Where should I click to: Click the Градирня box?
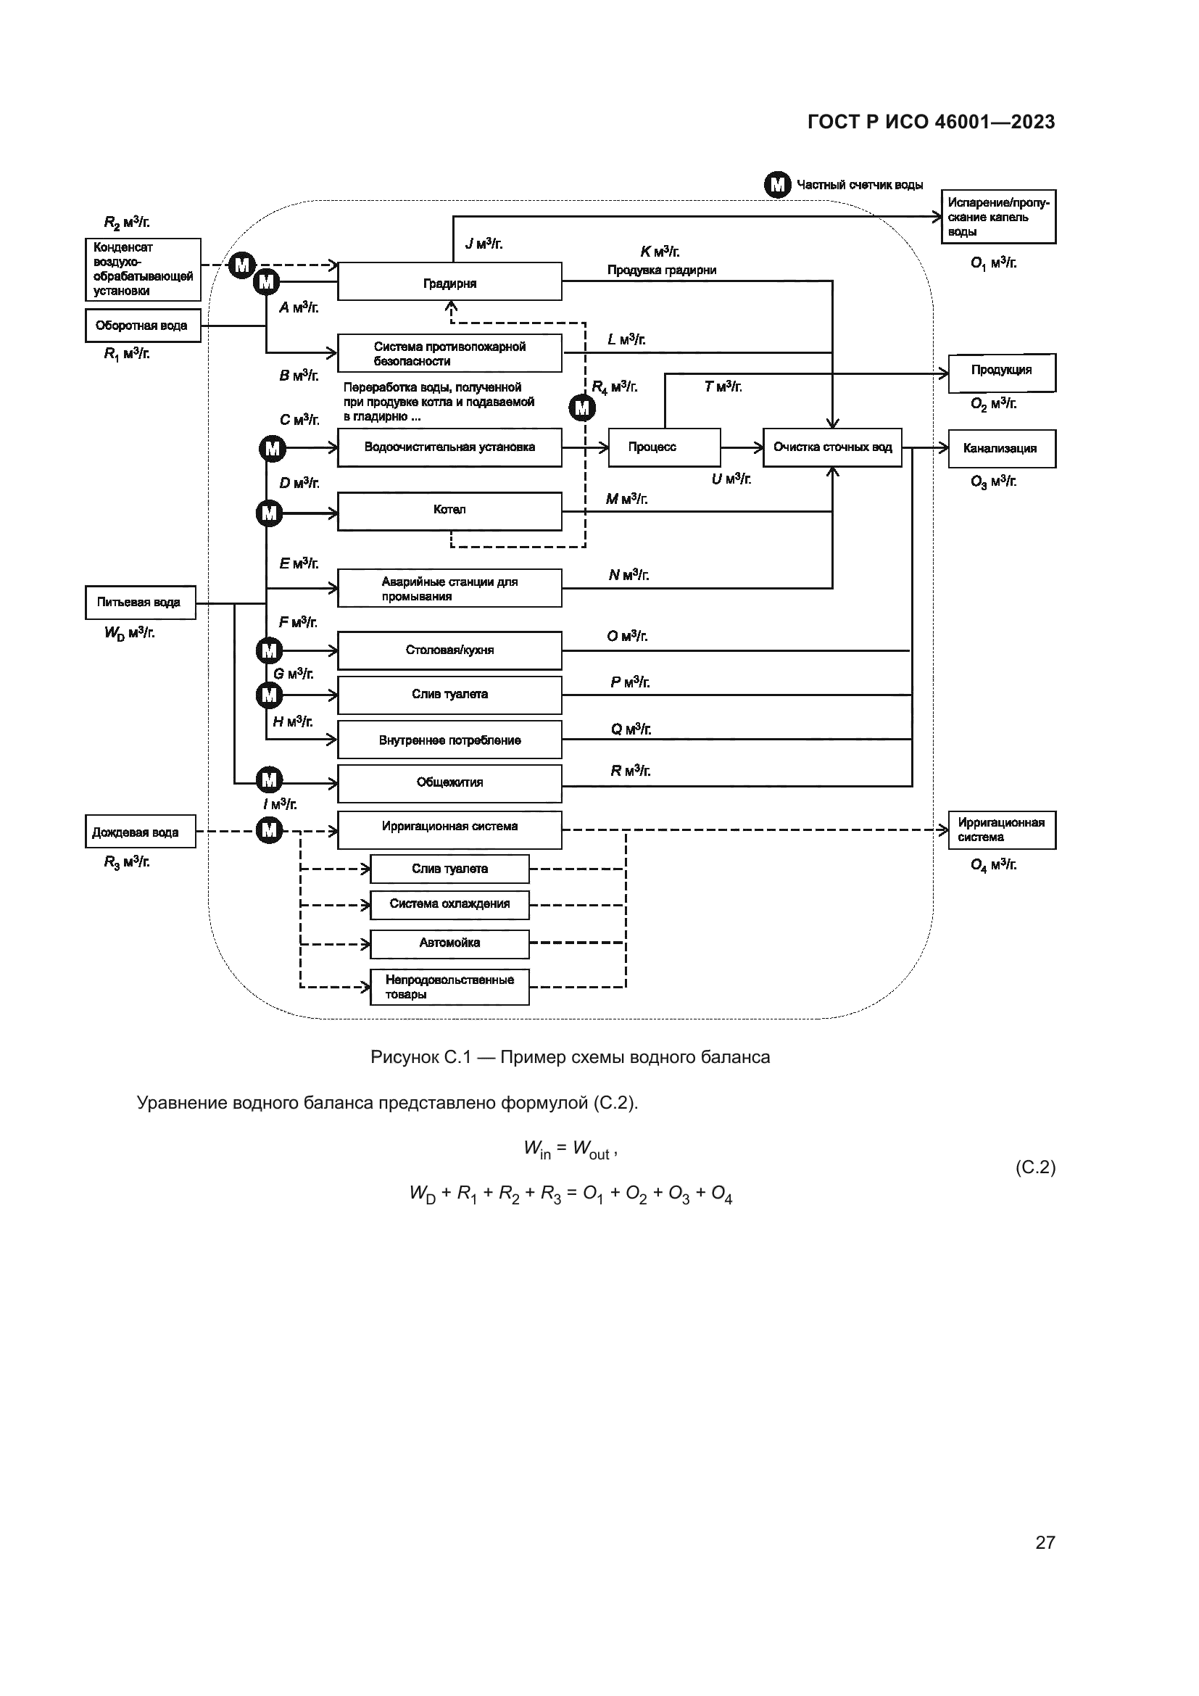coord(449,281)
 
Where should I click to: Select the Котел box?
coord(449,510)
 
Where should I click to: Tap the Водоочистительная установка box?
coord(449,447)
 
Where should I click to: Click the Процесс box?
coord(664,447)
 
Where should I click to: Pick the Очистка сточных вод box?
coord(832,447)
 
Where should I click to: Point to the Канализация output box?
coord(1001,448)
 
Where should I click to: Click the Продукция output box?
coord(1001,371)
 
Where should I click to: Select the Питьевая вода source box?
coord(141,602)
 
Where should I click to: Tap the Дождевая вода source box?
coord(141,832)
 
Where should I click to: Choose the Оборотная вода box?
coord(143,326)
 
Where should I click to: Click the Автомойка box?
coord(449,943)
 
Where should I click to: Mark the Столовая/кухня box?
coord(449,650)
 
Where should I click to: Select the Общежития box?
coord(449,783)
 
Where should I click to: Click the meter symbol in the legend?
coord(777,185)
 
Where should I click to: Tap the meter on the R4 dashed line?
coord(583,408)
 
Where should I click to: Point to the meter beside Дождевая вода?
coord(270,830)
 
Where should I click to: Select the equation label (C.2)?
coord(1035,1167)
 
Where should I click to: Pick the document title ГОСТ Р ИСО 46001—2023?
coord(931,122)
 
